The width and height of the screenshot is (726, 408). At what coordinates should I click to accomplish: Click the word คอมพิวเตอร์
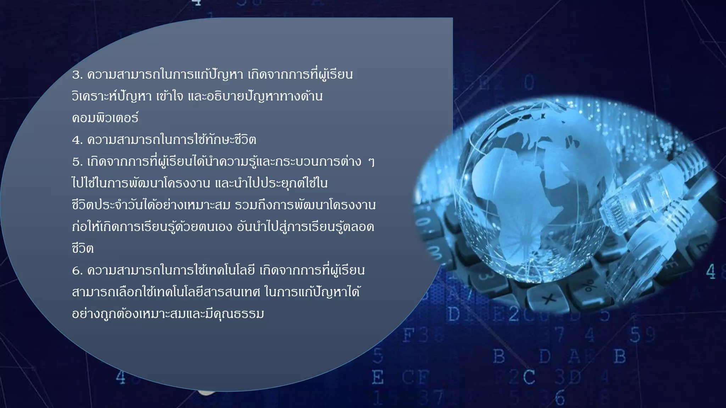105,118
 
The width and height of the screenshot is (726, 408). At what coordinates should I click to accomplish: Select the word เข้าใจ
170,96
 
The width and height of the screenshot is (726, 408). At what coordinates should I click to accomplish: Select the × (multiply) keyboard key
549,300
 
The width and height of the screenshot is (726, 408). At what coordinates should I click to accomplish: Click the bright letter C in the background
529,377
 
